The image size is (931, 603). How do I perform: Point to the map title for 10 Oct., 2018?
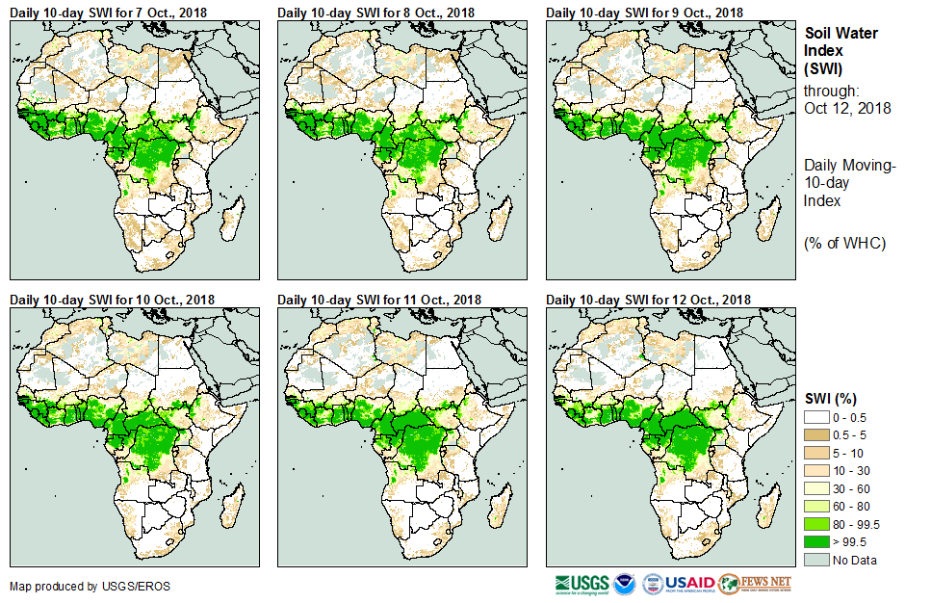click(113, 300)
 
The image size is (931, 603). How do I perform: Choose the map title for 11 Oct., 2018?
click(380, 300)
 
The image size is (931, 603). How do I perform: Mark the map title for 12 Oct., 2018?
click(649, 300)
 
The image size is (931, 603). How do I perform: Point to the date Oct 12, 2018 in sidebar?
click(847, 108)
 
